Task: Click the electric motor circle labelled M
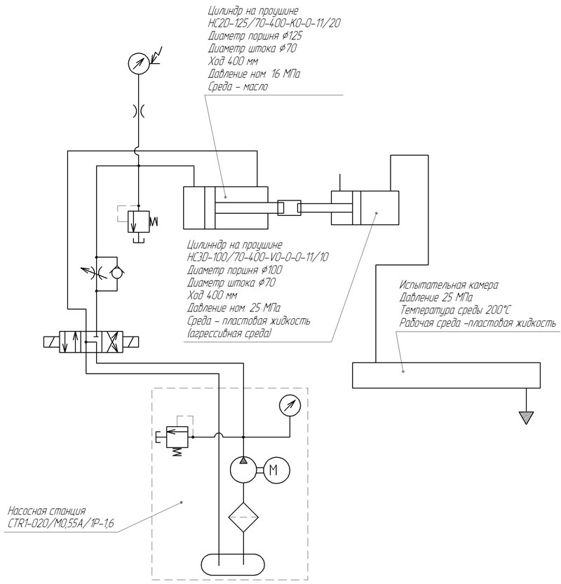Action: [277, 470]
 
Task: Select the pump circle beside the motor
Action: [243, 470]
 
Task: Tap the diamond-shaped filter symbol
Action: [243, 517]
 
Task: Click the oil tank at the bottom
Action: [234, 564]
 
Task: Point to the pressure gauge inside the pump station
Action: [290, 405]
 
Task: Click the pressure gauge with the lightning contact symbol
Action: [139, 63]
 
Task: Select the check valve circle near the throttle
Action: [117, 273]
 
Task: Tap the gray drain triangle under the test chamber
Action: [526, 417]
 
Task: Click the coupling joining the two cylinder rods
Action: [289, 208]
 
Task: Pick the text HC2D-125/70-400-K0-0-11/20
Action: [274, 23]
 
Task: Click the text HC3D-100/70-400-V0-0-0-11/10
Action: [258, 257]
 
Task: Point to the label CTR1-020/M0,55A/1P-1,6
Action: [61, 523]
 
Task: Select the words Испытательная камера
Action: [449, 285]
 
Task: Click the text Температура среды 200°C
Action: [455, 311]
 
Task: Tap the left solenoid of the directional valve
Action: [51, 341]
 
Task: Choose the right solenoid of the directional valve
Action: [130, 341]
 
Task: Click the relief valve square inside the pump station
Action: [177, 437]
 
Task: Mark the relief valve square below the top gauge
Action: [139, 222]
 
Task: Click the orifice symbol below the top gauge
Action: [139, 111]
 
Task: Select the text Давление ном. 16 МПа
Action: [254, 74]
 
